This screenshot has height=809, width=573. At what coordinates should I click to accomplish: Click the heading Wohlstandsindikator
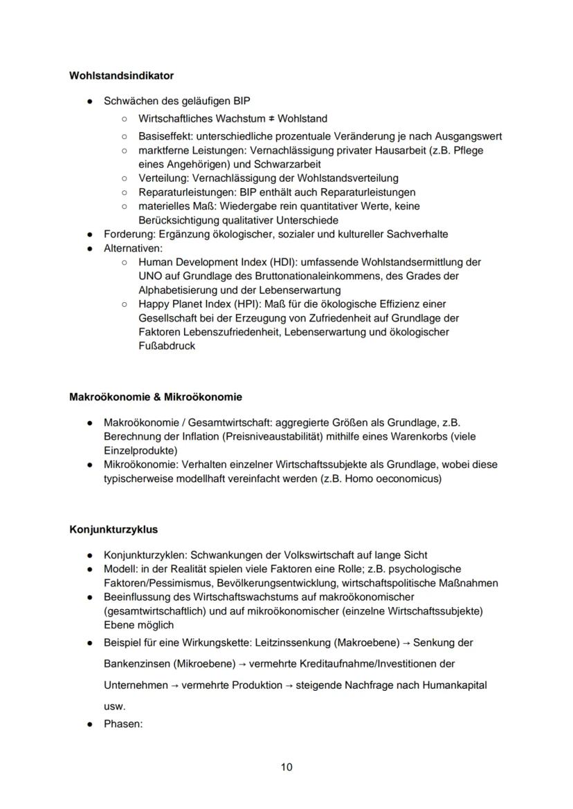(x=121, y=75)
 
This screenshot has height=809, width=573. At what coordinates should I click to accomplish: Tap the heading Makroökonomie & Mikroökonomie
(x=156, y=397)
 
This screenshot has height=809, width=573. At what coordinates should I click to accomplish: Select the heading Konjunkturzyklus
(x=113, y=530)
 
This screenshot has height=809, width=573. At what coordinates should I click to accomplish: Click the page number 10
(x=286, y=767)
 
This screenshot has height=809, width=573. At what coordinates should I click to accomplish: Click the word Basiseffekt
(x=164, y=136)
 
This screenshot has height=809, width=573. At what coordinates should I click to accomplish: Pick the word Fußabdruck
(x=167, y=346)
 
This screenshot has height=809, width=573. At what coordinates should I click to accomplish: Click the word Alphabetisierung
(x=179, y=290)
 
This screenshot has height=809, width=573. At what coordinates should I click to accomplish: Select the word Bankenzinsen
(x=135, y=663)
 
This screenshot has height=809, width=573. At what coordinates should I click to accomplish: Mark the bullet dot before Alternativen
(x=90, y=248)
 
